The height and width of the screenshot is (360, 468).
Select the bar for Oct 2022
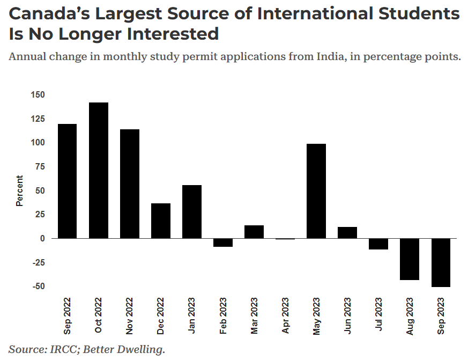pyautogui.click(x=99, y=170)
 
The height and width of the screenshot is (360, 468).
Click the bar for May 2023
pyautogui.click(x=316, y=191)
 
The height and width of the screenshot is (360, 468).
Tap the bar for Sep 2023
pyautogui.click(x=441, y=262)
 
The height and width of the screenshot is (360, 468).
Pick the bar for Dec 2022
pyautogui.click(x=161, y=221)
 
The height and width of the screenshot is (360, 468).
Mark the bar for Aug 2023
pyautogui.click(x=410, y=259)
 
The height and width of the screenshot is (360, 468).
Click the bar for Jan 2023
pyautogui.click(x=192, y=211)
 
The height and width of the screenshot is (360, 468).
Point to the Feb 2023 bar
pyautogui.click(x=223, y=243)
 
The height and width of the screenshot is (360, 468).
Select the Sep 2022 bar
pyautogui.click(x=68, y=181)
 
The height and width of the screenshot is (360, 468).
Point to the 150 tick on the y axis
pyautogui.click(x=38, y=95)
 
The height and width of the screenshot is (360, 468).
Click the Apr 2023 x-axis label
pyautogui.click(x=285, y=317)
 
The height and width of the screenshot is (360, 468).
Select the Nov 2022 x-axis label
pyautogui.click(x=130, y=317)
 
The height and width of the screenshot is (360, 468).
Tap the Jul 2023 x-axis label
pyautogui.click(x=378, y=317)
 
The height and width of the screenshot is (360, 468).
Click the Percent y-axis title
pyautogui.click(x=19, y=190)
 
